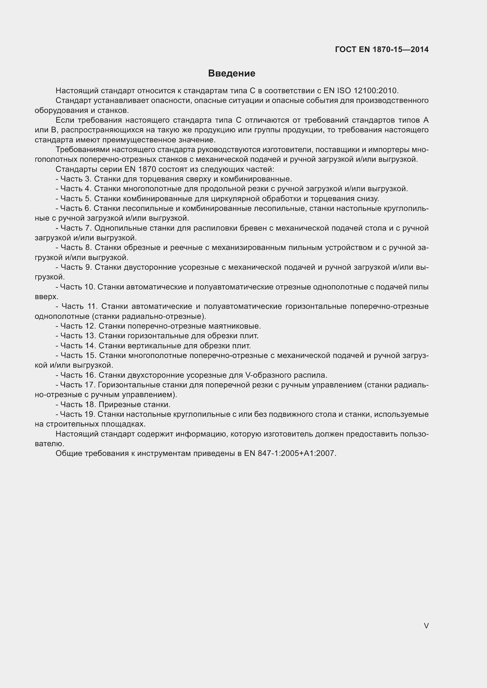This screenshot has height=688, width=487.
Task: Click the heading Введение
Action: coord(231,74)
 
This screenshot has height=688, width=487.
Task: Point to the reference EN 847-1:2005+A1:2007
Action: coord(290,453)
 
